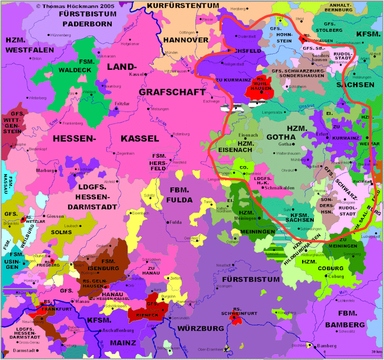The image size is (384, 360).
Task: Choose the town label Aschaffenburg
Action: pos(117,331)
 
